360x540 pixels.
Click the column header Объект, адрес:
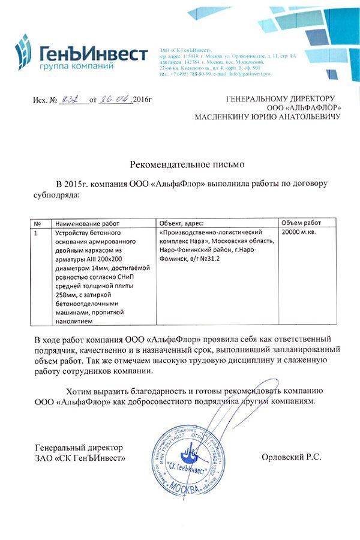point(182,223)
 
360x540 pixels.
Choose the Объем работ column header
point(301,223)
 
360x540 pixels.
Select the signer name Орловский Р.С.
point(292,457)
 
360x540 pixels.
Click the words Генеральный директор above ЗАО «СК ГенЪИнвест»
point(79,448)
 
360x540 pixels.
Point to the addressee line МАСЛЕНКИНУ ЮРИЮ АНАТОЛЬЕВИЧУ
point(267,117)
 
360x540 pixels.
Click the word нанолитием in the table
point(74,322)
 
